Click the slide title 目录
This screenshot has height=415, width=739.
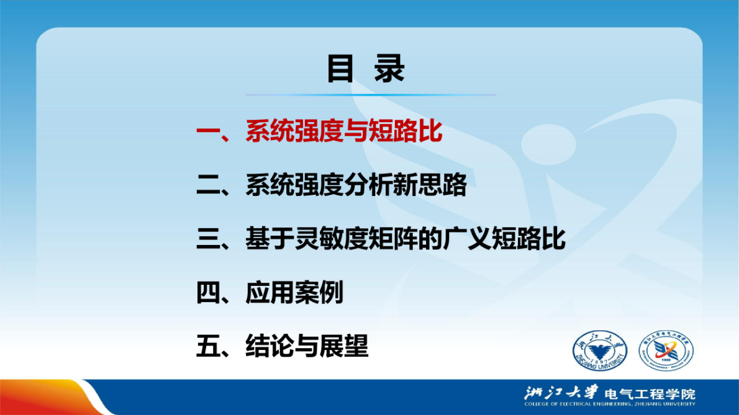point(366,69)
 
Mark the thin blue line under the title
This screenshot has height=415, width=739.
point(371,95)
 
